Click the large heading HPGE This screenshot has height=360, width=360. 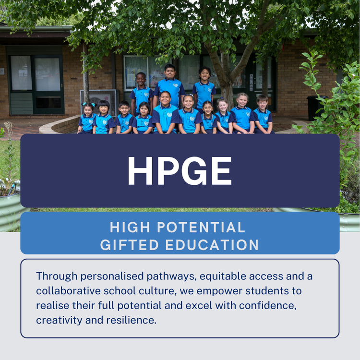click(x=180, y=171)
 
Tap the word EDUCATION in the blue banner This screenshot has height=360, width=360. click(x=212, y=245)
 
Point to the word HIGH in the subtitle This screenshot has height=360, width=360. click(x=127, y=227)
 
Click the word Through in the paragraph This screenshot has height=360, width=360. click(x=57, y=276)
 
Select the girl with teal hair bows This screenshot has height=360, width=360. click(x=87, y=118)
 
